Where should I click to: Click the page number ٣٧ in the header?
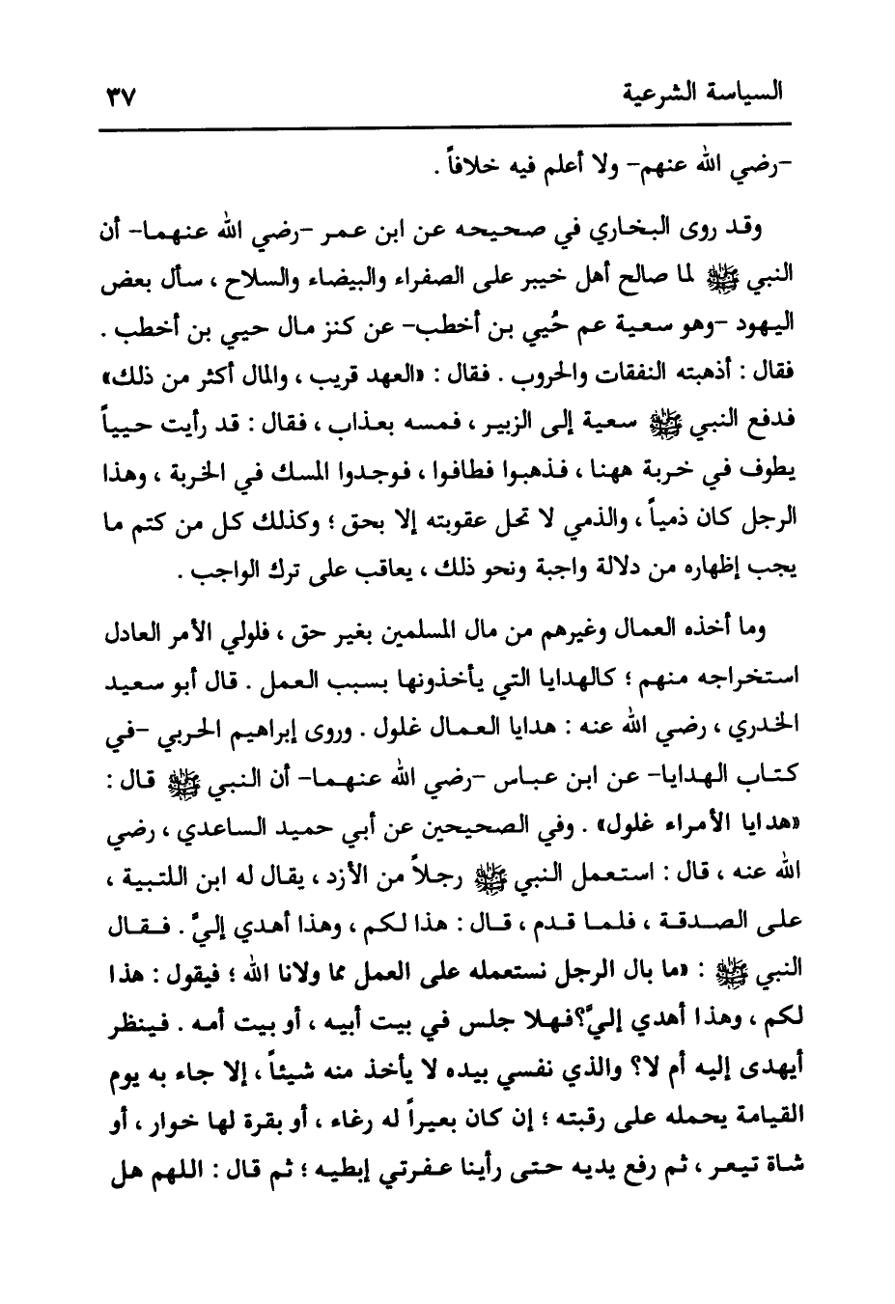121,97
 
